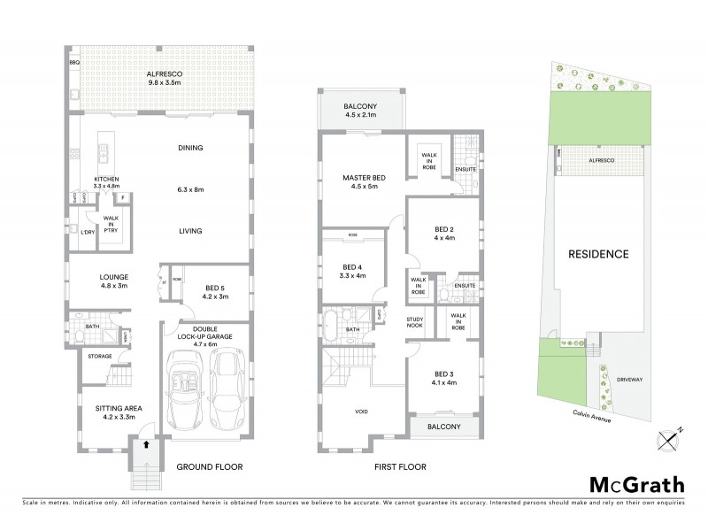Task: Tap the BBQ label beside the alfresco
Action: click(x=75, y=64)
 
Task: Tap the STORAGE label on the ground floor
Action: click(x=99, y=356)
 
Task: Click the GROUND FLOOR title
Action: click(x=209, y=466)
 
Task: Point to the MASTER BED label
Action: click(x=361, y=182)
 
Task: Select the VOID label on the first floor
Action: click(x=362, y=412)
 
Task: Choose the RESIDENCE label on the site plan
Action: click(x=598, y=254)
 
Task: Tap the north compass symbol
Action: click(x=669, y=436)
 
